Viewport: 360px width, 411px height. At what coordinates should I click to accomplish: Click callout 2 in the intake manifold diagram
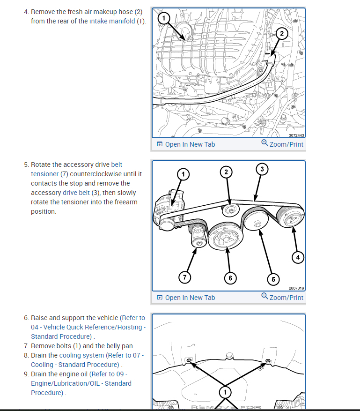tap(281, 33)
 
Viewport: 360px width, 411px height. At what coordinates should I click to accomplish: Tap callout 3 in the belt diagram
tap(262, 169)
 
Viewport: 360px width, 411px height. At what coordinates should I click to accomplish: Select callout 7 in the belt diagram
tap(184, 277)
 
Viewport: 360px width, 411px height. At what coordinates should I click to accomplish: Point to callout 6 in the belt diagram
tap(230, 278)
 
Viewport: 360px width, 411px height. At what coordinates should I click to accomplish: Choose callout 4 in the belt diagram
tap(297, 257)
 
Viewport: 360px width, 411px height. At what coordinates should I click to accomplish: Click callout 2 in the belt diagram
tap(226, 172)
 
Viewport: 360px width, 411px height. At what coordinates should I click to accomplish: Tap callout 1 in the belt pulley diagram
tap(183, 175)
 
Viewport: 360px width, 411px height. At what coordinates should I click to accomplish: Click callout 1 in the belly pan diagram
tap(225, 391)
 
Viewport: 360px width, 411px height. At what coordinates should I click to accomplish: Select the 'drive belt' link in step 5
tap(76, 193)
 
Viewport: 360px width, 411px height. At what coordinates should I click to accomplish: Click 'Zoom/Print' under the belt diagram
tap(286, 297)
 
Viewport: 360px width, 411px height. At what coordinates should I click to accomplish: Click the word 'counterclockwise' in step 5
tap(99, 174)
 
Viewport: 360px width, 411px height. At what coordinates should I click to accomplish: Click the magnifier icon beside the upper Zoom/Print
tap(264, 143)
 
